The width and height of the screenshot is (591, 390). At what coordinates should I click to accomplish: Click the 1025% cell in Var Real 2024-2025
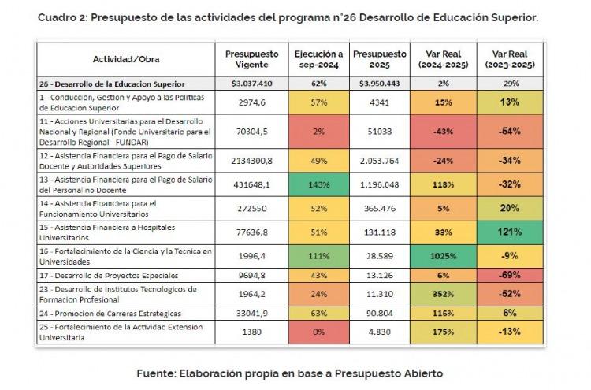443,256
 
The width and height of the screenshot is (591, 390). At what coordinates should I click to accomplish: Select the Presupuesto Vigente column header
252,59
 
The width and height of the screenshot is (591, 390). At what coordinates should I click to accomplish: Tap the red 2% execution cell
318,132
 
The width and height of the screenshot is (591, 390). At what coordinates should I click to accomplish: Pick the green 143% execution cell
318,184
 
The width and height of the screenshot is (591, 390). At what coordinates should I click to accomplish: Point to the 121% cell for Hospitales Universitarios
510,232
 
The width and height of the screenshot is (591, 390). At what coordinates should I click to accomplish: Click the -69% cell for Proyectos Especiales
510,275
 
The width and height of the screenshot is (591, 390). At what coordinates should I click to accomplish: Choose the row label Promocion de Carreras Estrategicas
110,314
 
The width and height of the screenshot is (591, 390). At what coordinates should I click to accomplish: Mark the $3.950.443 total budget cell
379,84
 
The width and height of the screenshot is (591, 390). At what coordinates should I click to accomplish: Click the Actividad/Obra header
126,59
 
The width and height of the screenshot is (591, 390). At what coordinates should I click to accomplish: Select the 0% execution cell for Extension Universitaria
318,332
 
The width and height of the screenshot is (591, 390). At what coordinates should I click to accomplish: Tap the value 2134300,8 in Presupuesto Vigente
252,161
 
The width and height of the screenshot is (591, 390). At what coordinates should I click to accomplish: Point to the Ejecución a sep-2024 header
319,59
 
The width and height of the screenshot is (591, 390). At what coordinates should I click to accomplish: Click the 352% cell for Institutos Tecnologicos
443,295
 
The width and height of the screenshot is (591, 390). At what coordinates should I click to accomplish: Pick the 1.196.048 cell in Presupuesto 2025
379,184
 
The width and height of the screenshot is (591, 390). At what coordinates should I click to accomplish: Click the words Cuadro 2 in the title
62,17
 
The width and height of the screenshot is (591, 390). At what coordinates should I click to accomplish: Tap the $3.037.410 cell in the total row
252,84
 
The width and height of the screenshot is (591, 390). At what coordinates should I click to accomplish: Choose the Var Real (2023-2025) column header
510,59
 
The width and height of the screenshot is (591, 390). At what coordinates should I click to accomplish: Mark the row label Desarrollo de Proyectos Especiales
109,276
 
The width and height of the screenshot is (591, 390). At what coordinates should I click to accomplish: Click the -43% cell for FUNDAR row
443,132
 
